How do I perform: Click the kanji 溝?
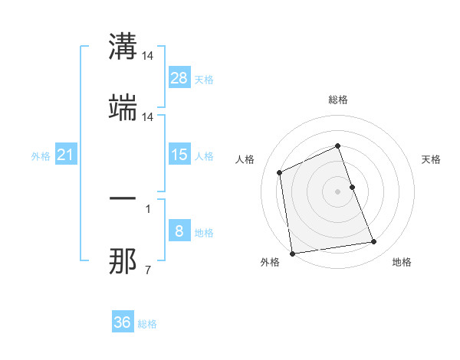pyautogui.click(x=123, y=47)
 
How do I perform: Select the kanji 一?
pyautogui.click(x=123, y=198)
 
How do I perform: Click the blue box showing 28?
pyautogui.click(x=179, y=78)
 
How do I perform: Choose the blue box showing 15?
pyautogui.click(x=179, y=155)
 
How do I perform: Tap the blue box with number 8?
pyautogui.click(x=179, y=231)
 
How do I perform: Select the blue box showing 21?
pyautogui.click(x=65, y=155)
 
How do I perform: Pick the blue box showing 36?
pyautogui.click(x=123, y=322)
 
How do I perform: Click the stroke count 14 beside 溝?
pyautogui.click(x=149, y=56)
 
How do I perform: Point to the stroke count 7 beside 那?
pyautogui.click(x=148, y=270)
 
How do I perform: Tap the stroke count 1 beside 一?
pyautogui.click(x=148, y=208)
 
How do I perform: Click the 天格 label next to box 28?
pyautogui.click(x=203, y=80)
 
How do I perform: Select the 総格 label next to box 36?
pyautogui.click(x=147, y=324)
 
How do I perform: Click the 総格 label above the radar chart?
pyautogui.click(x=338, y=100)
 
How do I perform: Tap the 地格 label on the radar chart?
pyautogui.click(x=402, y=262)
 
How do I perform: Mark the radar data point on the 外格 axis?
pyautogui.click(x=292, y=253)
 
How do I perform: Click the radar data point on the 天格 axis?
pyautogui.click(x=353, y=186)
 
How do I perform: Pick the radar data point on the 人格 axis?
pyautogui.click(x=280, y=172)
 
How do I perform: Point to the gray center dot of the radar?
pyautogui.click(x=338, y=191)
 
